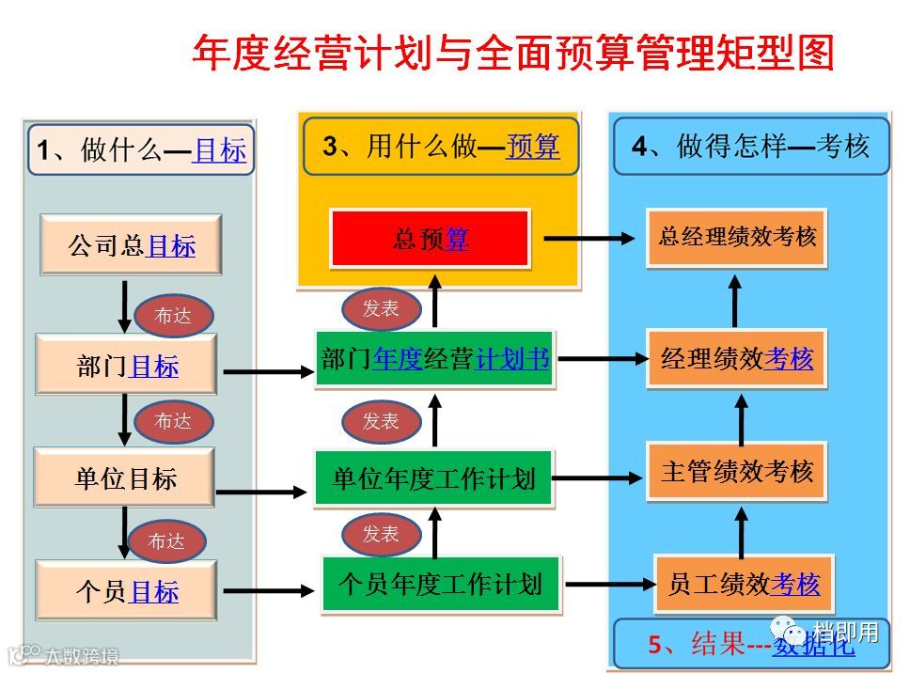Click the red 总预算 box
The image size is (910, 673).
(430, 239)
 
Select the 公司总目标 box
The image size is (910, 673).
(131, 245)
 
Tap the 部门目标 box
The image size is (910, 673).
(126, 366)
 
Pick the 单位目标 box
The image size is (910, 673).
(125, 478)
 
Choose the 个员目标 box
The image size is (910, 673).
(126, 591)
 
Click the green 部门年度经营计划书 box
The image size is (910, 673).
(434, 358)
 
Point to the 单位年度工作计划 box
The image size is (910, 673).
(433, 479)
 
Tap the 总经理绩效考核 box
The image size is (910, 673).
(737, 237)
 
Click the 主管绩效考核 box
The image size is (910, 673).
(737, 470)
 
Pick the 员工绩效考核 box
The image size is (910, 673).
(744, 585)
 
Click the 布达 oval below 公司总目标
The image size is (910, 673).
(173, 317)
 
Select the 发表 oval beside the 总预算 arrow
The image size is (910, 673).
(380, 309)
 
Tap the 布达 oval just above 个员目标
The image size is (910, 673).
(166, 541)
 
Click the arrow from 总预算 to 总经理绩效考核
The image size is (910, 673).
(589, 239)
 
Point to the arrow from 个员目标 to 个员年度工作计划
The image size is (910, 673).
(268, 591)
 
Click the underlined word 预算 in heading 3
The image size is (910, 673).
(532, 147)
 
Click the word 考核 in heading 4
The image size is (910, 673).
(843, 147)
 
